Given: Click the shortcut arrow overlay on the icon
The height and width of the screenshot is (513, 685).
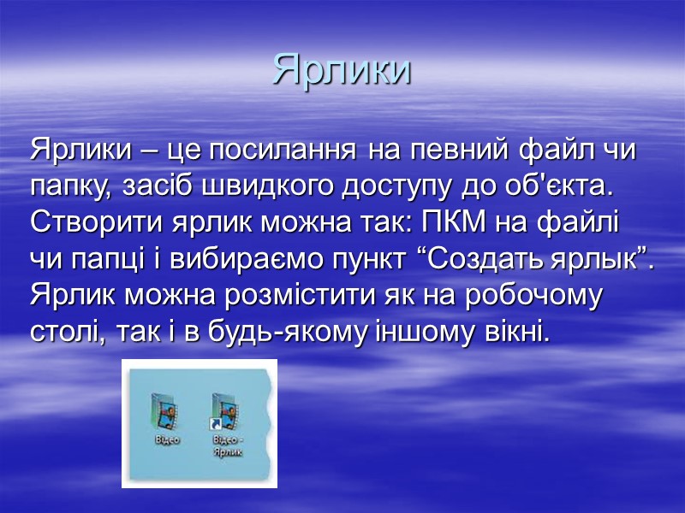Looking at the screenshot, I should click(x=217, y=424).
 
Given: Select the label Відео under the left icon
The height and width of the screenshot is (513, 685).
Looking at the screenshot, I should click(x=167, y=439).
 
